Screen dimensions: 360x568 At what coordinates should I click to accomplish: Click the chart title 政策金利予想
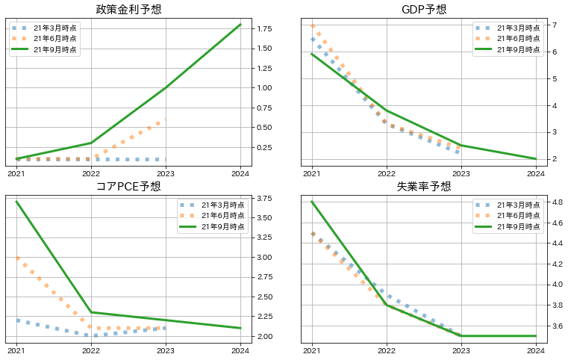click(x=128, y=10)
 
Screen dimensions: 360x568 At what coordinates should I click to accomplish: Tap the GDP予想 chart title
click(x=424, y=10)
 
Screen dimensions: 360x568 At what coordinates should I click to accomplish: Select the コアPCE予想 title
click(x=128, y=187)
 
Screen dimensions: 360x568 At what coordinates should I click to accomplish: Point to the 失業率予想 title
click(x=424, y=187)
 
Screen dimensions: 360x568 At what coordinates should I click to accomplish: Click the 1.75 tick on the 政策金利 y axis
click(x=263, y=29)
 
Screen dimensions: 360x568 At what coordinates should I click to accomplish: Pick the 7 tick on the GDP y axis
click(x=555, y=25)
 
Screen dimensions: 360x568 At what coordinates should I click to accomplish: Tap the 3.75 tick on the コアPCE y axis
click(x=263, y=199)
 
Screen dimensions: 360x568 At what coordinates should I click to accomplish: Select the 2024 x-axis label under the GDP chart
click(x=536, y=173)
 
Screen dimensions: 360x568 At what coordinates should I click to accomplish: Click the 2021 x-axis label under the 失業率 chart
click(x=312, y=350)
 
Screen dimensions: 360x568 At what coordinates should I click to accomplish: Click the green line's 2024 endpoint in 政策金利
click(x=240, y=25)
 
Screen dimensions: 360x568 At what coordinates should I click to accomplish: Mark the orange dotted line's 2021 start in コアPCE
click(x=16, y=258)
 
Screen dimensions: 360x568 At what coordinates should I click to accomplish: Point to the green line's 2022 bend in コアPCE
click(x=91, y=312)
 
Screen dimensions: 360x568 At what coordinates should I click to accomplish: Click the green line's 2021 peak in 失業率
click(x=312, y=202)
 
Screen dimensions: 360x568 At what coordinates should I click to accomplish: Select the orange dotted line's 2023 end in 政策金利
click(x=166, y=120)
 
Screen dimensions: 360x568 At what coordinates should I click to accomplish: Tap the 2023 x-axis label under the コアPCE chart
click(x=166, y=350)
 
